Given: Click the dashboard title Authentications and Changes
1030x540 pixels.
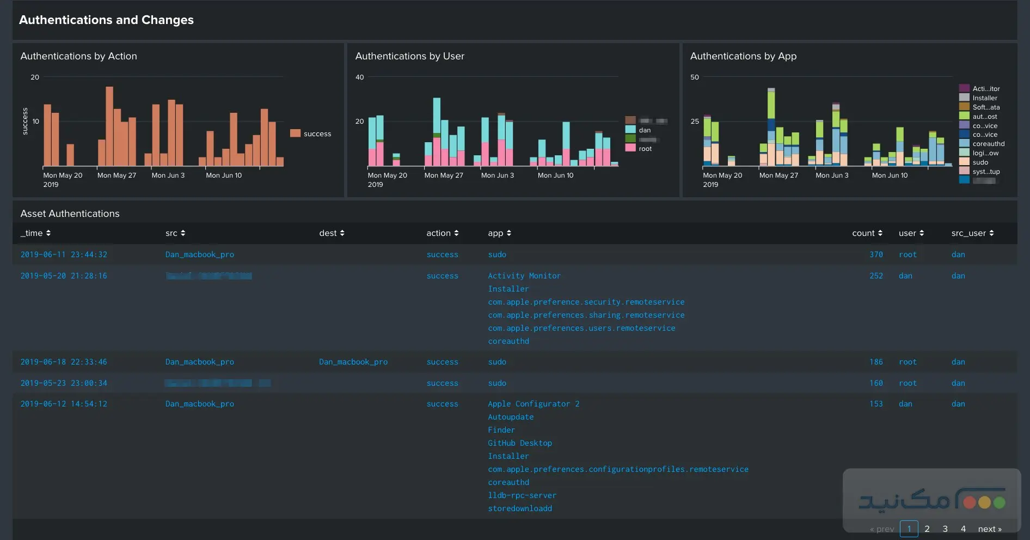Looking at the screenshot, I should coord(106,20).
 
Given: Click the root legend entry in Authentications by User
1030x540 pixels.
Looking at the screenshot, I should coord(645,148).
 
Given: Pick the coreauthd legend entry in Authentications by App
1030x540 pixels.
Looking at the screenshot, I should coord(988,144).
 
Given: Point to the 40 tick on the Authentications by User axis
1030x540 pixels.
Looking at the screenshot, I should coord(359,77).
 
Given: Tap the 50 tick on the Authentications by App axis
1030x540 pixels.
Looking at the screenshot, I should coord(694,77).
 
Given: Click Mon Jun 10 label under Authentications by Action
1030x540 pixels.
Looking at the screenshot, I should coord(224,175).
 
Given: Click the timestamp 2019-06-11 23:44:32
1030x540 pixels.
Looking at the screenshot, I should coord(64,254).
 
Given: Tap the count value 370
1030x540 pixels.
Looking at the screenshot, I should coord(876,254).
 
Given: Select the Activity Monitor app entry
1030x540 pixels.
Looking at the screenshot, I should coord(524,276).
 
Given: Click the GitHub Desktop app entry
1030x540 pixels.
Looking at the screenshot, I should coord(519,443).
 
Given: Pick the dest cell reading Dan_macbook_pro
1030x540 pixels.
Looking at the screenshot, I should coord(353,362).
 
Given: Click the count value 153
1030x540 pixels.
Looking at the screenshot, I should coord(876,404).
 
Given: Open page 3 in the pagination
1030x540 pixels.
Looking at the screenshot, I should coord(945,529).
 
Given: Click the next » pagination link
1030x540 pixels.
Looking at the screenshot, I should coord(989,529).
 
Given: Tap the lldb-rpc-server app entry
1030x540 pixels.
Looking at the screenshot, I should coord(522,495).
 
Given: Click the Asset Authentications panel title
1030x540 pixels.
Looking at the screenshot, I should coord(70,214).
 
